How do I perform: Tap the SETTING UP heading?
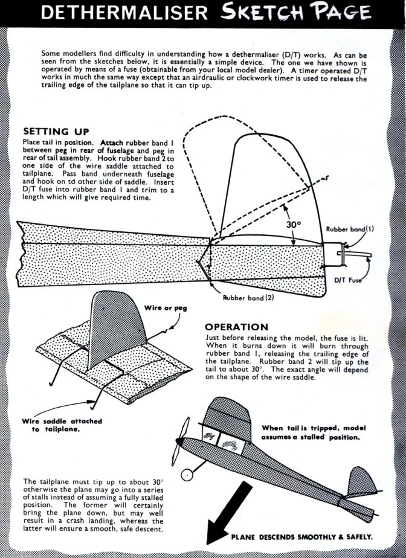(56, 131)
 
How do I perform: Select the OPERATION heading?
(236, 327)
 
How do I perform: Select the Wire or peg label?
(166, 308)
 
